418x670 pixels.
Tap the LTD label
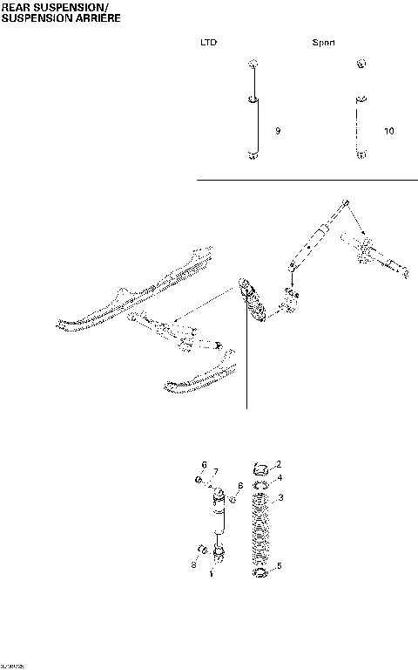coord(208,42)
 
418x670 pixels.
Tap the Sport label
coord(324,42)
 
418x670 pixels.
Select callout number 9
coord(277,131)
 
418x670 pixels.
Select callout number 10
coord(388,131)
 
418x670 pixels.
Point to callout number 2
coord(278,464)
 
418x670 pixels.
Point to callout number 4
coord(278,479)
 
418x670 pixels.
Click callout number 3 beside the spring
coord(278,498)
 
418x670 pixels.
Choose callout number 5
coord(278,567)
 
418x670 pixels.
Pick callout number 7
coord(215,472)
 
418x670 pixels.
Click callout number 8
coord(240,487)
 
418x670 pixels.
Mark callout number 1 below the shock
coord(212,574)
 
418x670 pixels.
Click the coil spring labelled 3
coord(260,532)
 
